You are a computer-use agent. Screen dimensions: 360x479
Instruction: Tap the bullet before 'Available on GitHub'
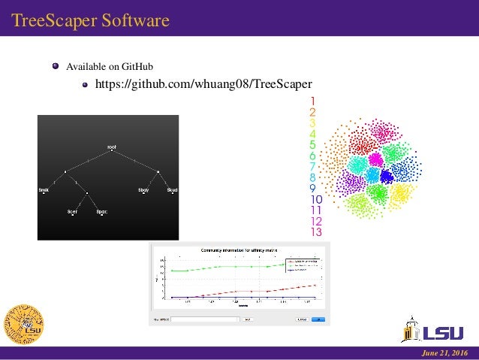(x=55, y=67)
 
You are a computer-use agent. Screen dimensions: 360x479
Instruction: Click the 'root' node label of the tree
(x=111, y=146)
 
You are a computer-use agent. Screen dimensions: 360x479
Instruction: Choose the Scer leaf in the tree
(x=72, y=212)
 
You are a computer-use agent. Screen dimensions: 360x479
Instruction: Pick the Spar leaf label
(x=101, y=212)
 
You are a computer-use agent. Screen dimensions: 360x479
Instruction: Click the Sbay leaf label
(x=143, y=190)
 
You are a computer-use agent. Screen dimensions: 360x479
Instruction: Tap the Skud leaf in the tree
(x=172, y=190)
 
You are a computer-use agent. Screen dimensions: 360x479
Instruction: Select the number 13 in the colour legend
(x=315, y=232)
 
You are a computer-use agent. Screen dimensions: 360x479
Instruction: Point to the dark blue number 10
(x=315, y=199)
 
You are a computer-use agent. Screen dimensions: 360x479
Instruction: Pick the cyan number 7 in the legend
(x=312, y=166)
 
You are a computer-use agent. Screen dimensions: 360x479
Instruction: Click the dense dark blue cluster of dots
(x=387, y=176)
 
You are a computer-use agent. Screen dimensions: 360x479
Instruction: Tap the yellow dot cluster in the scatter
(x=399, y=195)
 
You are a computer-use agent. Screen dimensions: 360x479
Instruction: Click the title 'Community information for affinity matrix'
(x=239, y=250)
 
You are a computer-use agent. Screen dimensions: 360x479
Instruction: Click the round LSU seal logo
(x=24, y=324)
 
